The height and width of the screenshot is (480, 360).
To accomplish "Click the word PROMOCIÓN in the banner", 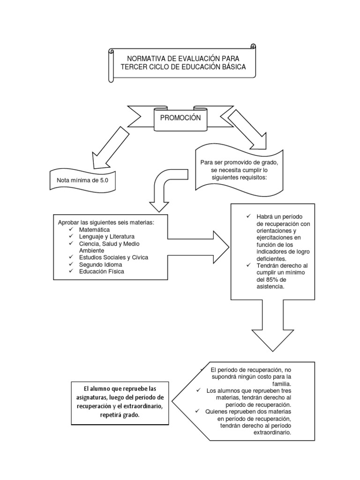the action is pyautogui.click(x=180, y=118).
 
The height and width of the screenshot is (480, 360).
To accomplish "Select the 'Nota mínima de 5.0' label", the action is pyautogui.click(x=82, y=180).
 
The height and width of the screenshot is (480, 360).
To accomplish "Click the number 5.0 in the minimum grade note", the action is pyautogui.click(x=104, y=180).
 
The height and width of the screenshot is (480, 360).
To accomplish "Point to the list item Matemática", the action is pyautogui.click(x=94, y=230).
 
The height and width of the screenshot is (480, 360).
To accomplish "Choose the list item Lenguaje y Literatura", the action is pyautogui.click(x=106, y=237).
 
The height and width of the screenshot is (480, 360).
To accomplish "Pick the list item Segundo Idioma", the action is pyautogui.click(x=100, y=264).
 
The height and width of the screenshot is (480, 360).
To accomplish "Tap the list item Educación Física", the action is pyautogui.click(x=101, y=271).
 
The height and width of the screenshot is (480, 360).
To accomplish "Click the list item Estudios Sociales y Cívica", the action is pyautogui.click(x=113, y=257).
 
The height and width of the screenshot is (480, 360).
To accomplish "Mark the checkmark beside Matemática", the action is pyautogui.click(x=71, y=229).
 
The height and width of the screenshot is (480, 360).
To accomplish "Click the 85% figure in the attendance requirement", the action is pyautogui.click(x=272, y=280).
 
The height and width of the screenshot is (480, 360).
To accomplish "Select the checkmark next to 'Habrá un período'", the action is pyautogui.click(x=248, y=216).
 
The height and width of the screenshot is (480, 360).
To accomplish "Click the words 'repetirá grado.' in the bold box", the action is pyautogui.click(x=120, y=415).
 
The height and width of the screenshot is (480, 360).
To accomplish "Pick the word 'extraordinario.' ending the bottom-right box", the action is pyautogui.click(x=272, y=433).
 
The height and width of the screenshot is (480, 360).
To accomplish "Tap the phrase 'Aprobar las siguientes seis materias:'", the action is pyautogui.click(x=106, y=223).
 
